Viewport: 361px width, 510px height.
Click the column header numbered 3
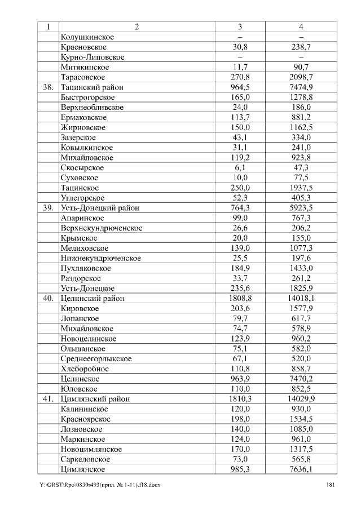[240, 26]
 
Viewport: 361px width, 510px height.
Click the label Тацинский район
[91, 87]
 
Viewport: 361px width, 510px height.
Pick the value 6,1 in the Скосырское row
[240, 168]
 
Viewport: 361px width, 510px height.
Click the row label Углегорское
[82, 198]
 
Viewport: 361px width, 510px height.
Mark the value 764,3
[240, 208]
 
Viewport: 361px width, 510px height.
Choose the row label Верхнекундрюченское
[101, 228]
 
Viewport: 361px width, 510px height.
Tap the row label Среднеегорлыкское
[96, 359]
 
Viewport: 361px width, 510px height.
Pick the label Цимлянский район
[95, 399]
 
